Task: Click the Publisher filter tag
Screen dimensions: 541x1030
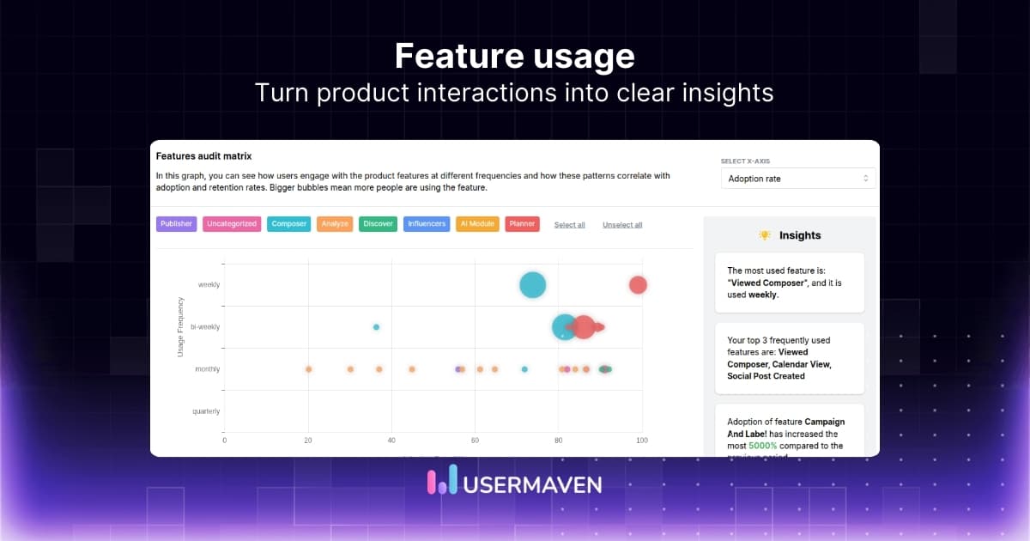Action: point(176,224)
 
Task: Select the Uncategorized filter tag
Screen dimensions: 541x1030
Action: point(232,224)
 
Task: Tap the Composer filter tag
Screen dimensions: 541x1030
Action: point(289,224)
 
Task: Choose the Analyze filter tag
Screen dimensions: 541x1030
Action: point(335,224)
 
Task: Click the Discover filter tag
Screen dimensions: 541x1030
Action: point(378,224)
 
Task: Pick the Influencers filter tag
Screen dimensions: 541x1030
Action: point(427,224)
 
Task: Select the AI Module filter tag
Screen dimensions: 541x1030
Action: point(476,224)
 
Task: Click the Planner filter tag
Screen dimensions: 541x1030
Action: point(522,224)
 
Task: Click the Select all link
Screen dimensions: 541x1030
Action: point(569,225)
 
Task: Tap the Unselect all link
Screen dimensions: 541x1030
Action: point(622,225)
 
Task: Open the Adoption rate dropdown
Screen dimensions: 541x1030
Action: point(798,179)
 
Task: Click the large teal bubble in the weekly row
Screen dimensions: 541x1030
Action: point(533,285)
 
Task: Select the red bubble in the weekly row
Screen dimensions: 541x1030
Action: point(637,285)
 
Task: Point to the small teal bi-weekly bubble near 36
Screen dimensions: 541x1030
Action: point(376,327)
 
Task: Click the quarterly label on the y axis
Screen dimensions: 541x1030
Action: point(206,411)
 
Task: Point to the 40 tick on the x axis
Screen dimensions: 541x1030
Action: point(391,441)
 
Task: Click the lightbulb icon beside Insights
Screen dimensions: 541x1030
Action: point(765,235)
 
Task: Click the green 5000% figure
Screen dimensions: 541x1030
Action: point(763,446)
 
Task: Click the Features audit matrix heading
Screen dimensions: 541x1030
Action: point(203,156)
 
